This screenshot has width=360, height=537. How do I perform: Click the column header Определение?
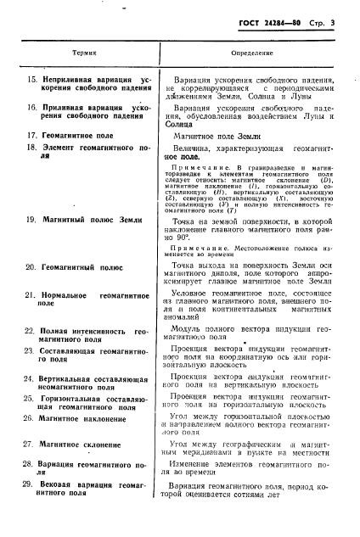(x=251, y=53)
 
